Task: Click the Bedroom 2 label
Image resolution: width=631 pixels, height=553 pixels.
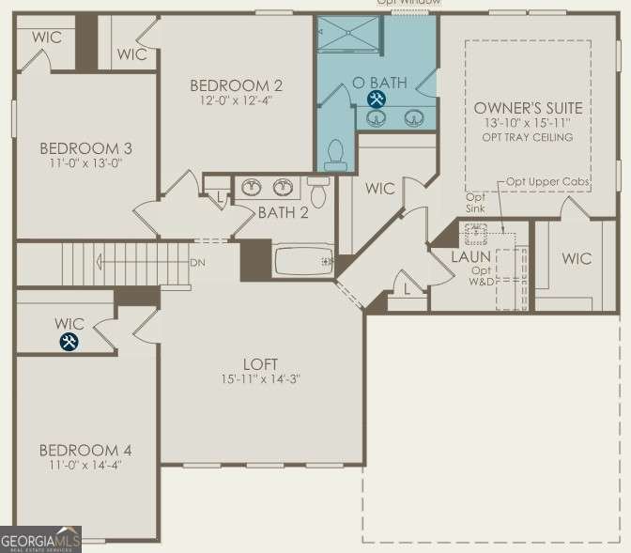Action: (236, 85)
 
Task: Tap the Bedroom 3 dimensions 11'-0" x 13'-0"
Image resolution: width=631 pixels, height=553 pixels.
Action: (85, 162)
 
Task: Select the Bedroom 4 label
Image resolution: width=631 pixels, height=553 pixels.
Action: (85, 450)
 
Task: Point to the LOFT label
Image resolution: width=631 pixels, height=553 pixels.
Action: (258, 364)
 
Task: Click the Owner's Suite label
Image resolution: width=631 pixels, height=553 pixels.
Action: (529, 108)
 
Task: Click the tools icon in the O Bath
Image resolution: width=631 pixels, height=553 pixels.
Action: (377, 99)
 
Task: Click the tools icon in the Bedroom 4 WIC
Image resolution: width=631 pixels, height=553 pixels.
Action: (69, 343)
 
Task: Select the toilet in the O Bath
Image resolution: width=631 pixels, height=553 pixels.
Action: (335, 156)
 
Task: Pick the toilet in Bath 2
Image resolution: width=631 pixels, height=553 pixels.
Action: (317, 194)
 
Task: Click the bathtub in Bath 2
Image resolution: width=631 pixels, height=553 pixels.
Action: (302, 260)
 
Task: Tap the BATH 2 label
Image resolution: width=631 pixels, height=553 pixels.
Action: (283, 213)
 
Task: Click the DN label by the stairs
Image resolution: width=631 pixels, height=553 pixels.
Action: (197, 262)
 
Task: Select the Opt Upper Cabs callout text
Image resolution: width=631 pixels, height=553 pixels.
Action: (546, 181)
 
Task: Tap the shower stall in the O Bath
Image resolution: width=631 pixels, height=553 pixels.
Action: (348, 39)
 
